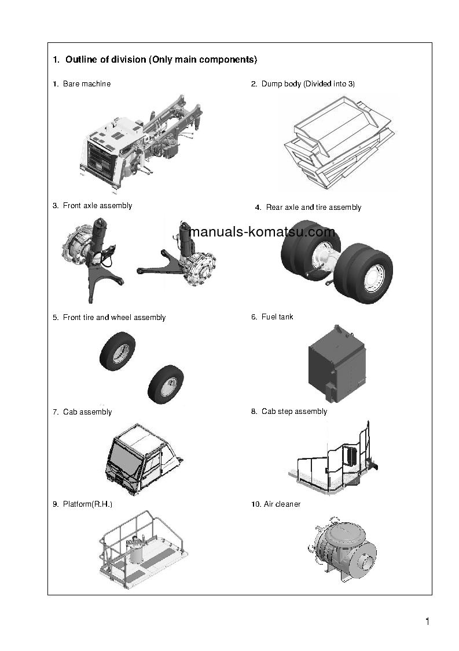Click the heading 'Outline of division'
tap(155, 60)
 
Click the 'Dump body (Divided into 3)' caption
tap(303, 84)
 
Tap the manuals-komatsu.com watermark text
tap(262, 232)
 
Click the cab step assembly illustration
tap(333, 461)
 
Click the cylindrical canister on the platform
tap(136, 551)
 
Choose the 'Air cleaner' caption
tap(276, 504)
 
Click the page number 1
tap(427, 623)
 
